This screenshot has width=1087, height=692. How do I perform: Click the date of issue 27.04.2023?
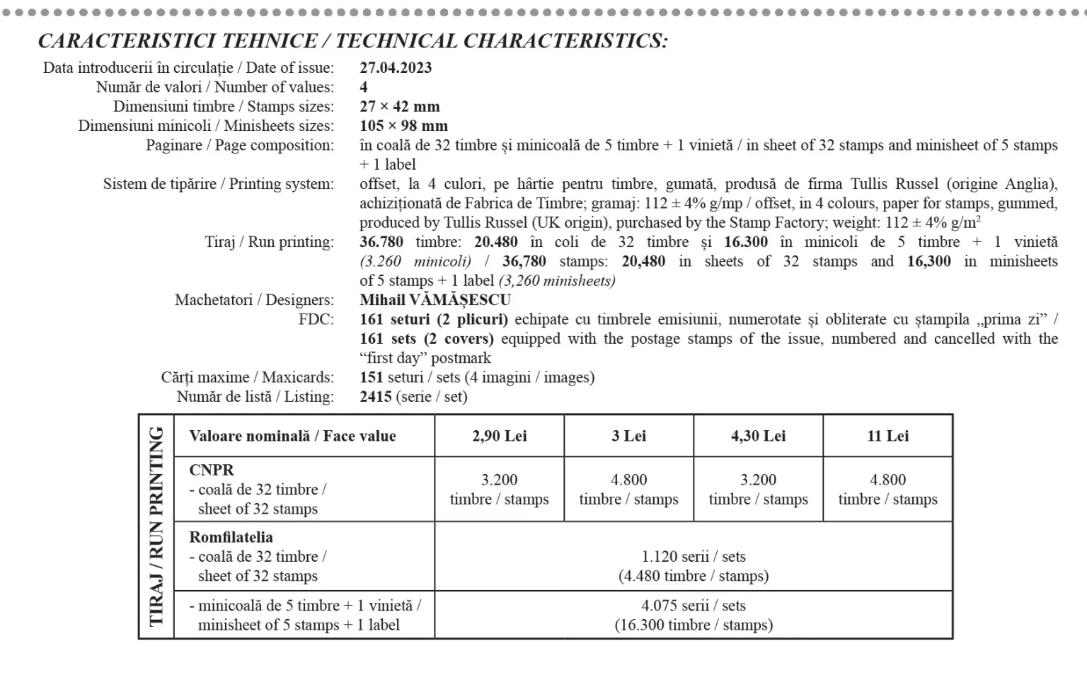(396, 68)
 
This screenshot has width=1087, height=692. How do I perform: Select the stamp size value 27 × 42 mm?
(400, 107)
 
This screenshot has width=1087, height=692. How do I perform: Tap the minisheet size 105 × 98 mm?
(403, 126)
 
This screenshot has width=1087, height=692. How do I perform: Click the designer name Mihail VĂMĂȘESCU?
(435, 300)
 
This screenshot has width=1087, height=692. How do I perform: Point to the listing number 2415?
(376, 397)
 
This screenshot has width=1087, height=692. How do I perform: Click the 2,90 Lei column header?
(500, 436)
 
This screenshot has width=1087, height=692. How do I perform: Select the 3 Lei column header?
(629, 436)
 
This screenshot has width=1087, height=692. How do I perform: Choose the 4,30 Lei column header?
(759, 436)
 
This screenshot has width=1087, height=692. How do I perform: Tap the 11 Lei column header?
(888, 436)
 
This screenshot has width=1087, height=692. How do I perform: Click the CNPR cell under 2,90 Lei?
(500, 490)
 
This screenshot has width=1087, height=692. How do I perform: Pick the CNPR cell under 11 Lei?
(888, 490)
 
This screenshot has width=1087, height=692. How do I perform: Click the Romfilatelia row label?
(231, 537)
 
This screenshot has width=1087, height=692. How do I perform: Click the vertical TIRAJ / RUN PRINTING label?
(156, 526)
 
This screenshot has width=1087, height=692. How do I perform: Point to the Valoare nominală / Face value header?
(292, 436)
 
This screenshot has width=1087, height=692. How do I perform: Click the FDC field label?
(316, 320)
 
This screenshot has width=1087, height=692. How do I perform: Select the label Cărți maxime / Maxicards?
(247, 378)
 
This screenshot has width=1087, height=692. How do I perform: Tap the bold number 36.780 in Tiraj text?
(381, 242)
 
